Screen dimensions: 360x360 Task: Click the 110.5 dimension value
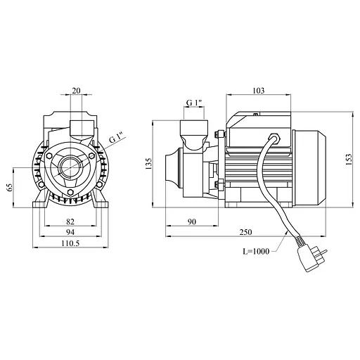pyautogui.click(x=70, y=243)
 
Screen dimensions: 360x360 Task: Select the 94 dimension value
pyautogui.click(x=70, y=232)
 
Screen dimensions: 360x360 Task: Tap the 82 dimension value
pyautogui.click(x=70, y=221)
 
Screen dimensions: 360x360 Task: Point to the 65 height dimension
pyautogui.click(x=10, y=187)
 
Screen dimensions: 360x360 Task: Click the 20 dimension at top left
pyautogui.click(x=76, y=91)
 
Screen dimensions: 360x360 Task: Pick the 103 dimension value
pyautogui.click(x=259, y=91)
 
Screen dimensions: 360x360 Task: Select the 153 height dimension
pyautogui.click(x=349, y=160)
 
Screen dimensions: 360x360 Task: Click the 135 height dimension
pyautogui.click(x=148, y=164)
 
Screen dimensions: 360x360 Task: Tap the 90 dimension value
pyautogui.click(x=192, y=221)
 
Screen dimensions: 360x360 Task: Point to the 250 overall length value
pyautogui.click(x=246, y=232)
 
